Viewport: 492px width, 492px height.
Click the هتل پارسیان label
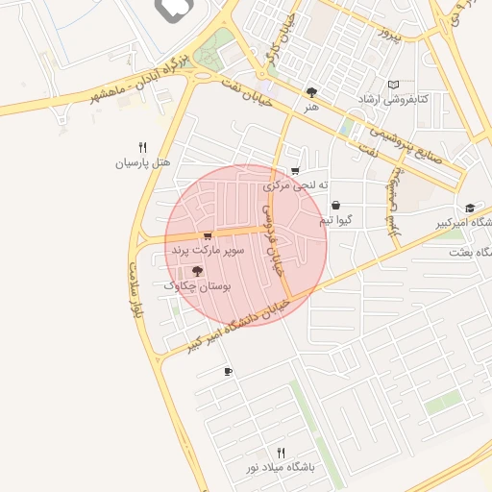click(x=142, y=163)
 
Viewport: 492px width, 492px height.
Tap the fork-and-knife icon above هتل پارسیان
click(x=142, y=147)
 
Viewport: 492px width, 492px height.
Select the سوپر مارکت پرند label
click(x=209, y=250)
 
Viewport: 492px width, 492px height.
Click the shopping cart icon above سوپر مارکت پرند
click(x=208, y=235)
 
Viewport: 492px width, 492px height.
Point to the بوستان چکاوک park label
click(x=199, y=285)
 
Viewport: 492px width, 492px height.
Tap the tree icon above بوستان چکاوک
click(x=198, y=271)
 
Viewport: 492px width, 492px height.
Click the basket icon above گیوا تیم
click(x=335, y=205)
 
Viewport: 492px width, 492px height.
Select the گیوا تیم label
click(x=335, y=220)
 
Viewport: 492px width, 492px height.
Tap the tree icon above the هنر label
click(x=311, y=92)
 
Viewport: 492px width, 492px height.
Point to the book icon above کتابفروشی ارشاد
click(x=392, y=85)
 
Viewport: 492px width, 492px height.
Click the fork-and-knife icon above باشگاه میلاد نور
click(x=281, y=452)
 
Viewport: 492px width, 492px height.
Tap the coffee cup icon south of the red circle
click(x=228, y=371)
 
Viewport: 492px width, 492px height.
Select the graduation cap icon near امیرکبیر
click(x=470, y=208)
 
